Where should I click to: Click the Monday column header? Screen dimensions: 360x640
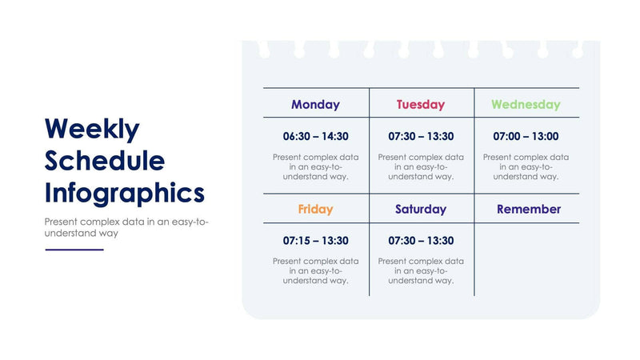pos(315,104)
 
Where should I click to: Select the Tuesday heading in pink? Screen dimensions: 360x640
pos(421,104)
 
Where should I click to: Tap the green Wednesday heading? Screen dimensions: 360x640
pos(526,104)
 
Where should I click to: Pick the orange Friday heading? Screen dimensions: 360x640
pos(315,209)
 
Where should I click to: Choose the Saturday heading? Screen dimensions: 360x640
pos(421,209)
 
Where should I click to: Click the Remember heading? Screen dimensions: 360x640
pos(529,209)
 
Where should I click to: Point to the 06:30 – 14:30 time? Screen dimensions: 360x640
pos(315,136)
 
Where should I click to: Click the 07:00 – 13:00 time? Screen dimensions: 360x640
pos(526,136)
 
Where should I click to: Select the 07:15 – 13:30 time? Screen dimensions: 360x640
pos(315,240)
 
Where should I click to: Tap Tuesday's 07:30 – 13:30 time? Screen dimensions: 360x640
pos(421,136)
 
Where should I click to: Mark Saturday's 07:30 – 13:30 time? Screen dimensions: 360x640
pos(421,240)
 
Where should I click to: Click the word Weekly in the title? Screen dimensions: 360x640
pos(92,129)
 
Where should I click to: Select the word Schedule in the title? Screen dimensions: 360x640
pos(105,161)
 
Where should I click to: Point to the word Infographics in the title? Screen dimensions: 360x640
pos(125,193)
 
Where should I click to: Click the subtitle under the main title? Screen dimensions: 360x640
pos(126,227)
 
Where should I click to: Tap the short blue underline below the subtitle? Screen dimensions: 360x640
pos(74,250)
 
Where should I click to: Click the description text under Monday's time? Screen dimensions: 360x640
pos(315,166)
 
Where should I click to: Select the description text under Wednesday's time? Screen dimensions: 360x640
pos(526,166)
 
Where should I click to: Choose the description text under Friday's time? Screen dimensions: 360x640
pos(315,270)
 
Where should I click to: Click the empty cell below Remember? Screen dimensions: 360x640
pos(527,260)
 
